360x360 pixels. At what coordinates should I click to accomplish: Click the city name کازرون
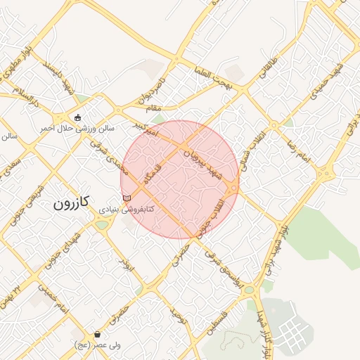click(73, 205)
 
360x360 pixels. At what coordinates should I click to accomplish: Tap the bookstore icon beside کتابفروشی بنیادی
click(127, 198)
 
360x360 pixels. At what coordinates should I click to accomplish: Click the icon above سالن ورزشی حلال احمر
click(78, 117)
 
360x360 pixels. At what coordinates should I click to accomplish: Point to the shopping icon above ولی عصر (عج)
click(96, 334)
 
